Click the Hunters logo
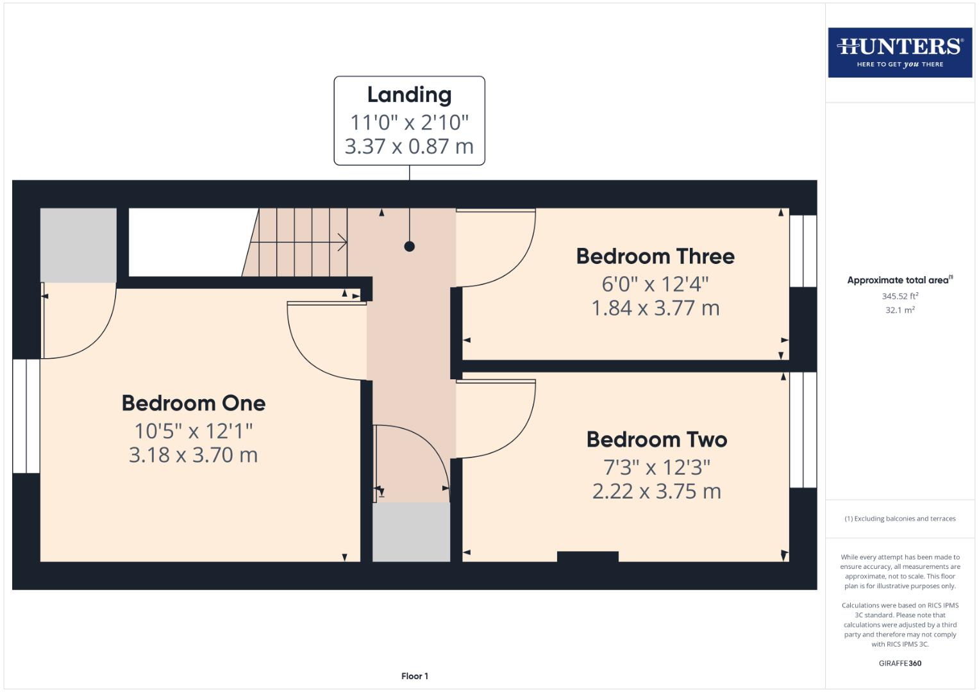(x=900, y=53)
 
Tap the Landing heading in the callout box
(x=409, y=95)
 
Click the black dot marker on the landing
(x=409, y=246)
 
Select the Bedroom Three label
(x=655, y=256)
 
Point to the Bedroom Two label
(x=657, y=440)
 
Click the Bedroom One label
(x=194, y=403)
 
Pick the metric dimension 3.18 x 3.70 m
(x=194, y=455)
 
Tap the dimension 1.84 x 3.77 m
(x=655, y=308)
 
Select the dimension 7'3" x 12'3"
(x=657, y=467)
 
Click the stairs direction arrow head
(x=344, y=242)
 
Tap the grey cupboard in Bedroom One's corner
(x=78, y=245)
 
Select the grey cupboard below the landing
(x=411, y=532)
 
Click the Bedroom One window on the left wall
(x=26, y=416)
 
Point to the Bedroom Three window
(x=803, y=251)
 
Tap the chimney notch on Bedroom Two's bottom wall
(x=587, y=556)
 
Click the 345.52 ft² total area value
(x=900, y=296)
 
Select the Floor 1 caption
(x=415, y=676)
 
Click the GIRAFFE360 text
(x=900, y=663)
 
